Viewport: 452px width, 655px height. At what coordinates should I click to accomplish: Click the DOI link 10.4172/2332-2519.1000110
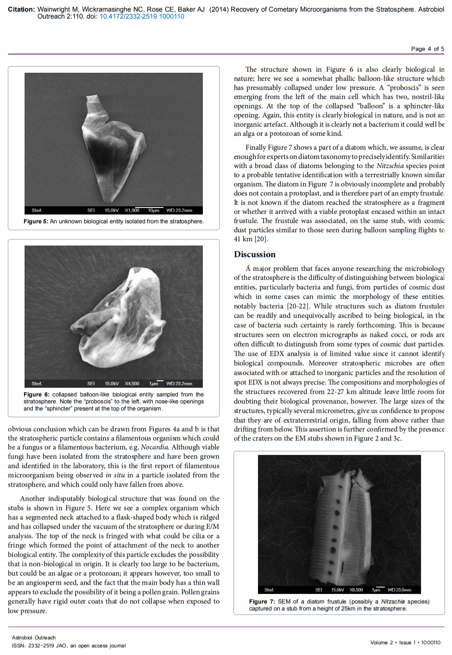[142, 16]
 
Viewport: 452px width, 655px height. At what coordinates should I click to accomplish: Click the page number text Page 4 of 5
[427, 49]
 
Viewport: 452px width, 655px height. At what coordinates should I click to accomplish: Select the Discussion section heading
[254, 254]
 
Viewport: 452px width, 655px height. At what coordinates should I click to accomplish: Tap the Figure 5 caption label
[36, 221]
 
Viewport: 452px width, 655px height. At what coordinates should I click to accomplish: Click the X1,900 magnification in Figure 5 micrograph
[132, 210]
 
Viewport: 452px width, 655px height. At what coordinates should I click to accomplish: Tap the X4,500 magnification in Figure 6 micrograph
[132, 384]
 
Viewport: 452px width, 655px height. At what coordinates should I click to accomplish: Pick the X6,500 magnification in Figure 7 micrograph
[356, 590]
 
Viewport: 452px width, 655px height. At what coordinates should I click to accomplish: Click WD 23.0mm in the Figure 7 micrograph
[399, 590]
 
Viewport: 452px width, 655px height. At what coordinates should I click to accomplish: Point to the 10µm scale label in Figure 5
[154, 210]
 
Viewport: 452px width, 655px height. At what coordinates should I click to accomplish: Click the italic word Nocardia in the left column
[154, 447]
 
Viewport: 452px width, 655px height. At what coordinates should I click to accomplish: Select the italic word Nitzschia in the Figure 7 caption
[393, 601]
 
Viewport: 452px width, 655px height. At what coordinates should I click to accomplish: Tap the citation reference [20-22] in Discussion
[299, 306]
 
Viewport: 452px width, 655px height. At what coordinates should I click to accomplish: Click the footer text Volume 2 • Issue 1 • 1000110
[405, 642]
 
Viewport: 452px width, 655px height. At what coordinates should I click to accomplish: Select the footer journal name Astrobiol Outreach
[34, 637]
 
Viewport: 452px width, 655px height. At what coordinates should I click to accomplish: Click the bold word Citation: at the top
[21, 9]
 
